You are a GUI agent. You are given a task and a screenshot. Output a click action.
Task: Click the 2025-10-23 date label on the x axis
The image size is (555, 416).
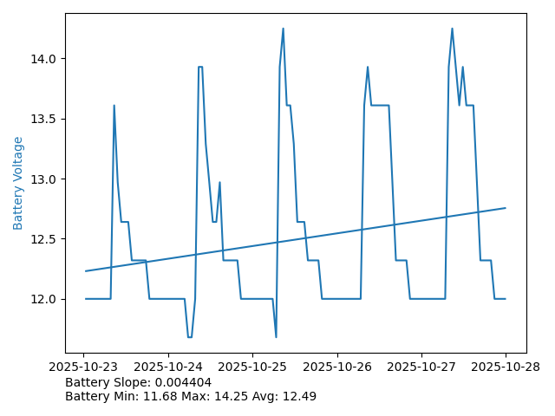click(x=84, y=367)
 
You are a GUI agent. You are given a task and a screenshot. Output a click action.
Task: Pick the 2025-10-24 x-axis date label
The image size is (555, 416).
click(x=168, y=367)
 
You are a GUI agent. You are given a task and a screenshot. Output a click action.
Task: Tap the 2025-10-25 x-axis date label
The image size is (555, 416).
click(x=252, y=367)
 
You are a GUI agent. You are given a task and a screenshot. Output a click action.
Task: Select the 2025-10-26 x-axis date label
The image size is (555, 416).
click(x=337, y=367)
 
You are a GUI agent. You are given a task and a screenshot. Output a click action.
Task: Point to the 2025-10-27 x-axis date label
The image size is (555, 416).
click(x=421, y=367)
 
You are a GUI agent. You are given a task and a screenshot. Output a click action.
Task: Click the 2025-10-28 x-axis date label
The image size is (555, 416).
click(x=506, y=367)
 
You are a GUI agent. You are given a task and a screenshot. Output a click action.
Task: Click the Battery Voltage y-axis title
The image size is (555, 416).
click(x=18, y=183)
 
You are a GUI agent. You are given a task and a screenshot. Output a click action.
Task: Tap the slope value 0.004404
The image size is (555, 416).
click(x=182, y=382)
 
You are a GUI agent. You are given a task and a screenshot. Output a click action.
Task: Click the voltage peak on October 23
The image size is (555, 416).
click(x=114, y=106)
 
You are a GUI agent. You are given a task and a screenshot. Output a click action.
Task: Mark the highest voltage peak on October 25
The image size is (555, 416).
click(x=283, y=29)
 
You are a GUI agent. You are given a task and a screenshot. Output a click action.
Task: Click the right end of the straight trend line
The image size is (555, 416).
click(x=506, y=208)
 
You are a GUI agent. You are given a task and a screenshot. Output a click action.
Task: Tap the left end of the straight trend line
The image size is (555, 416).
click(x=85, y=271)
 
